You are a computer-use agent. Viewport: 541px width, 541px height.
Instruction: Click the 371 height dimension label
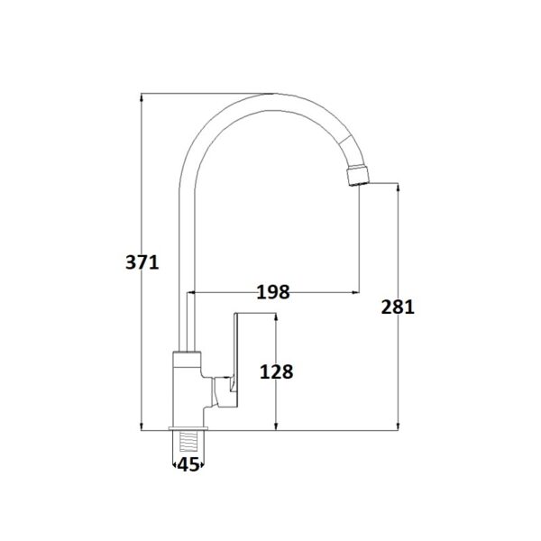(x=142, y=262)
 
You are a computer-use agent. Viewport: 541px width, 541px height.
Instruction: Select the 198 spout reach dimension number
(x=273, y=292)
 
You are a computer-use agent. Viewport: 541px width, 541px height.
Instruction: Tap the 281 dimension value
(x=398, y=307)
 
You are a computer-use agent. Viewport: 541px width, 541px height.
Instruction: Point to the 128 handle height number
(x=277, y=371)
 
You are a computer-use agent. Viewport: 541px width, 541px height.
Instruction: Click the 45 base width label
(x=188, y=465)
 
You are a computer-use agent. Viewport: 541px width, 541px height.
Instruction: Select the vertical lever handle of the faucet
(x=237, y=359)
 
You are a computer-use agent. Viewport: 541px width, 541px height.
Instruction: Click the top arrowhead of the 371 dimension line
(x=142, y=97)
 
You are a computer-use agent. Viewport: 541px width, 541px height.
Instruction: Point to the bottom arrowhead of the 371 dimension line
(x=142, y=426)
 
